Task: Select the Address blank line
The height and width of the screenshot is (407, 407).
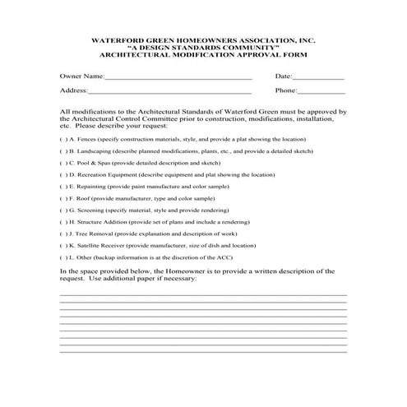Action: tap(169, 93)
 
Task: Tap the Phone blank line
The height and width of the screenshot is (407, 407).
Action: tap(321, 93)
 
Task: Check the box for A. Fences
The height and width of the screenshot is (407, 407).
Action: tap(63, 140)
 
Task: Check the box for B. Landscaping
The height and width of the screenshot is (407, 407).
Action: tap(63, 151)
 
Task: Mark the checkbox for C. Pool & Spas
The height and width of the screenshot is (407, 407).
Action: tap(63, 163)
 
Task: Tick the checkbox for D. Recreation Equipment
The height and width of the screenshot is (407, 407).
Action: tap(63, 174)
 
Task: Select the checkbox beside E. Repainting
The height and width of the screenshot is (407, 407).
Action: tap(63, 187)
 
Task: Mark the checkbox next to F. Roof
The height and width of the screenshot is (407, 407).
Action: tap(63, 198)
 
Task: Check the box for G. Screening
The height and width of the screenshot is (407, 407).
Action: tap(63, 210)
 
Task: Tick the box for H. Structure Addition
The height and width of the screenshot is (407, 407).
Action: tap(63, 222)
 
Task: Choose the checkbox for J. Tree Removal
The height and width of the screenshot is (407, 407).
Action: tap(63, 234)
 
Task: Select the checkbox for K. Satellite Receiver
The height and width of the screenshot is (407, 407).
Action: tap(63, 245)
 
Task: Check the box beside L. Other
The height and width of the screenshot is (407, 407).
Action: tap(63, 257)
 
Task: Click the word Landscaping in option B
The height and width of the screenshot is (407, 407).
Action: tap(96, 151)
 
